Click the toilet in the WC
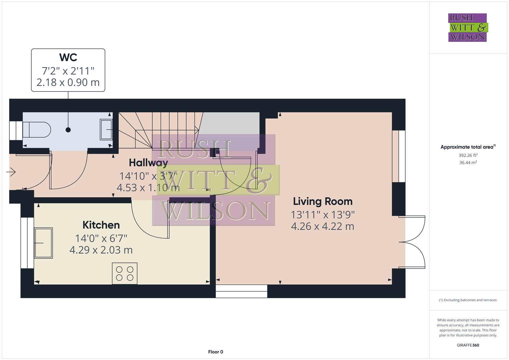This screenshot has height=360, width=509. tap(37, 130)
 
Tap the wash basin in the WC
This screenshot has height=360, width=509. tap(106, 129)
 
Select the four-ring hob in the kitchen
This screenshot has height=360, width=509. tap(125, 273)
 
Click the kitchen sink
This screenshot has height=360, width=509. tap(43, 243)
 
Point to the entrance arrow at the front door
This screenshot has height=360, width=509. tap(11, 172)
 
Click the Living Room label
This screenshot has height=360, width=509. tap(323, 201)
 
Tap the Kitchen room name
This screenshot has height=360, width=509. tap(101, 225)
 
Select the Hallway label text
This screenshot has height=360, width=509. tap(148, 163)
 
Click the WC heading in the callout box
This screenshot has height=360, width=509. tap(68, 57)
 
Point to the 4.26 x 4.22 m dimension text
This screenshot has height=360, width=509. tap(322, 226)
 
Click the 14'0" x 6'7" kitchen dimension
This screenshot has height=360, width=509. tap(101, 238)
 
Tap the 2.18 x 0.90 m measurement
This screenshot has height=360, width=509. tap(68, 82)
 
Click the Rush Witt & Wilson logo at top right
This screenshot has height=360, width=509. tap(468, 27)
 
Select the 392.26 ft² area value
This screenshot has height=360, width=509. tap(468, 155)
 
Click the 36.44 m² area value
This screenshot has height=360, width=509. tap(468, 163)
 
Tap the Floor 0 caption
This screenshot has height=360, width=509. tap(215, 352)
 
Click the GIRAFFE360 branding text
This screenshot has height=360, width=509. tap(468, 345)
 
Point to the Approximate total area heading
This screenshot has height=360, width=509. tap(468, 147)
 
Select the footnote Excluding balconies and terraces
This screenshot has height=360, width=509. tap(468, 300)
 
